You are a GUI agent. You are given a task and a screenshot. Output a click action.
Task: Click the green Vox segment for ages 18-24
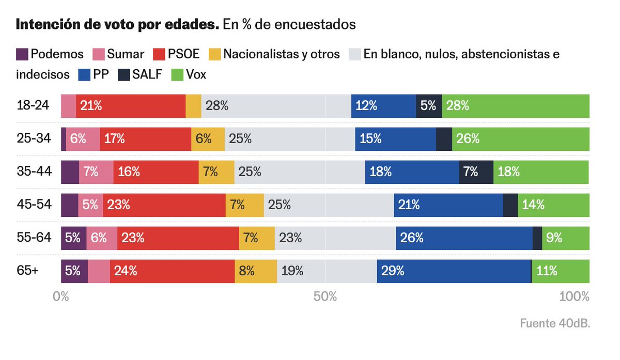point(516,106)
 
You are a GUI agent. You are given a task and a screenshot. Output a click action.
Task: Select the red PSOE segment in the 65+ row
point(172,271)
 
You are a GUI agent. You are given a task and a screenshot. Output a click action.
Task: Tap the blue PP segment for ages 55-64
point(464,238)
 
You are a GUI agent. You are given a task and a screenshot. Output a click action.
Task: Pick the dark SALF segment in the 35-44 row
point(476,172)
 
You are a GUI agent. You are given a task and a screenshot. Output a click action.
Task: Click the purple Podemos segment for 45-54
point(69,205)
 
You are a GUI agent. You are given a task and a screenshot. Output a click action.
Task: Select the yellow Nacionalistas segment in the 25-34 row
point(208,139)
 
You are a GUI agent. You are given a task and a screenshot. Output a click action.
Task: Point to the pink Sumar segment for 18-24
point(68,106)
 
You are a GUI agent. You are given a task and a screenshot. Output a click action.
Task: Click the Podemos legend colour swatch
point(22,54)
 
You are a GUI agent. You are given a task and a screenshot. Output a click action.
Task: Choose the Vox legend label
point(196,74)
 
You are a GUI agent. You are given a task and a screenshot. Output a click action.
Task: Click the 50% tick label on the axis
point(326,297)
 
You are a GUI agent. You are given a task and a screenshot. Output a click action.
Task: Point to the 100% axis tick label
point(575,297)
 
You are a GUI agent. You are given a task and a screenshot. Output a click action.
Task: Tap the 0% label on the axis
point(61,297)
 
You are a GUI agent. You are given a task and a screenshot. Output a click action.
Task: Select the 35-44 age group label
point(34,171)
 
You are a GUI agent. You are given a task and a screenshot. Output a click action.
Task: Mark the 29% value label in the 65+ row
point(393,271)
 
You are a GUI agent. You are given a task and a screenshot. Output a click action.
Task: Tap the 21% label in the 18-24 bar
point(91,106)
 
